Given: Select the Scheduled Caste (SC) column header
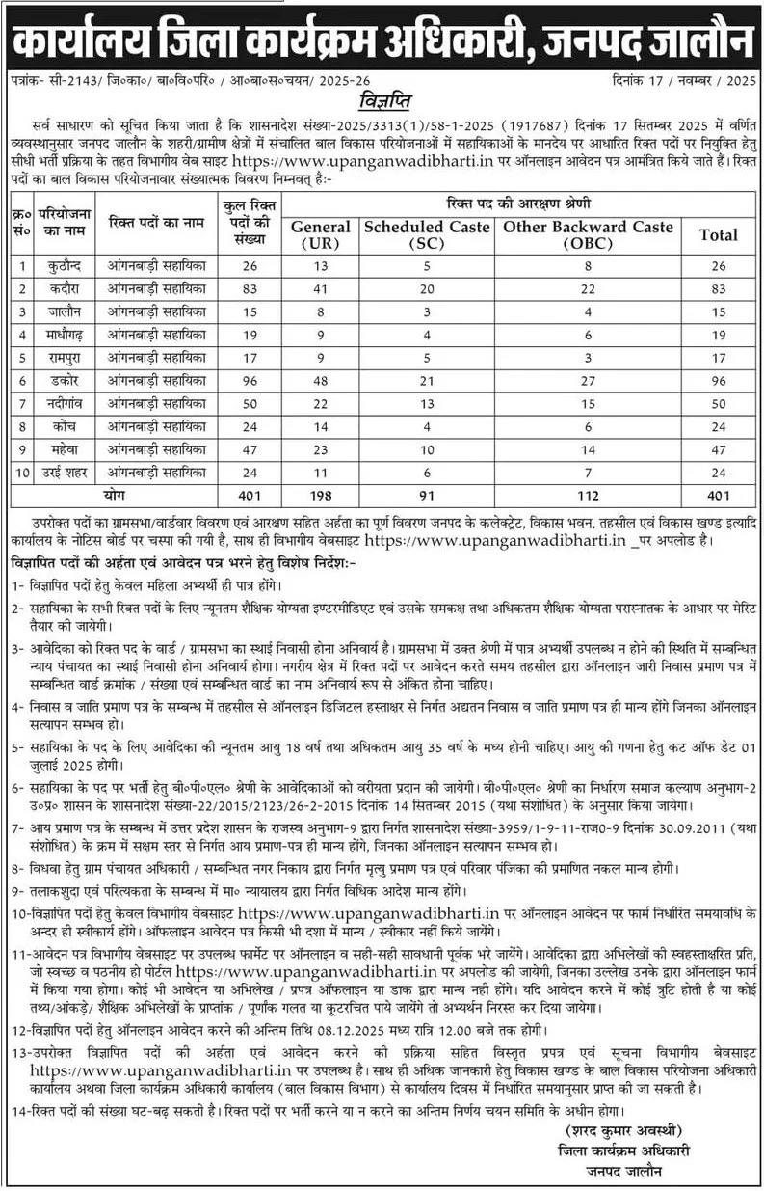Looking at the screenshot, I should coord(426,234).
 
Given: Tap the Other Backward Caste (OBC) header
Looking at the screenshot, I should coord(587,234).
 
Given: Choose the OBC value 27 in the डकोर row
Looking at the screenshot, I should coord(587,381).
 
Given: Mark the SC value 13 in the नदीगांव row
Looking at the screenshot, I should coord(426,404).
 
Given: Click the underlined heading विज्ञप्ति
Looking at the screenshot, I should coord(382,101).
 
